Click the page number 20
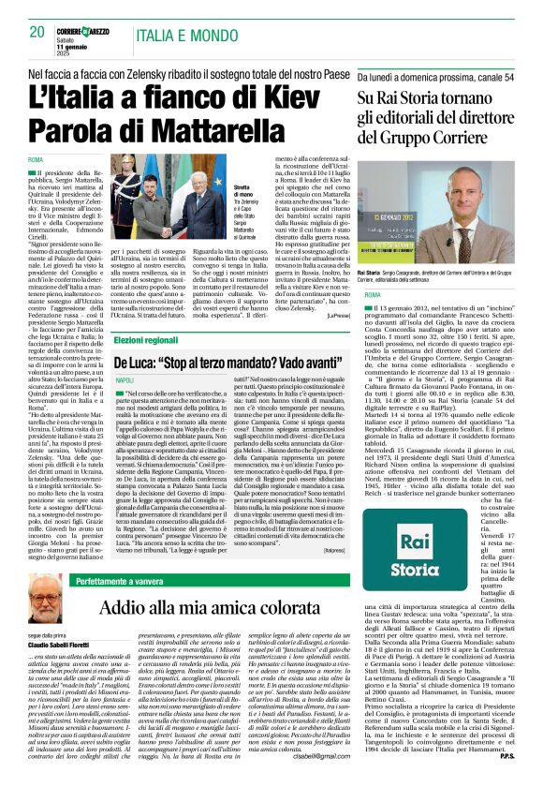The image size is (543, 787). pos(37,31)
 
